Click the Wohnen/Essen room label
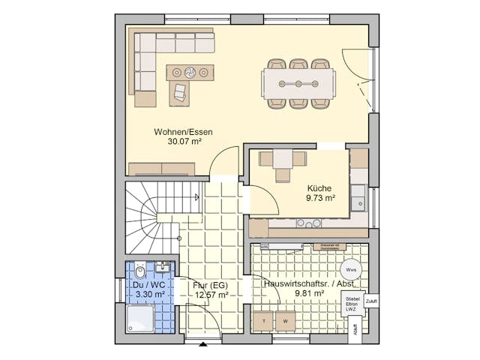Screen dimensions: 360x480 click(x=183, y=131)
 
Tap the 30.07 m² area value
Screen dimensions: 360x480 click(x=183, y=141)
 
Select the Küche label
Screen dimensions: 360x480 click(x=319, y=189)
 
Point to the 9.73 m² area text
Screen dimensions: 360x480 click(x=320, y=199)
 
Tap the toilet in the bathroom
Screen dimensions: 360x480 click(x=139, y=269)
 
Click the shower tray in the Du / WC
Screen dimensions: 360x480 click(x=140, y=318)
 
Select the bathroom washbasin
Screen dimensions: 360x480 click(x=163, y=266)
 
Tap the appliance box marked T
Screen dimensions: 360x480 click(x=263, y=321)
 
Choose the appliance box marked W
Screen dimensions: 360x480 click(x=285, y=321)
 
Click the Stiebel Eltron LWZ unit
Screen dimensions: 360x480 click(x=352, y=304)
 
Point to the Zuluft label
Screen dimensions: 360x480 click(x=372, y=301)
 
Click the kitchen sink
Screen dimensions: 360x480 click(x=359, y=199)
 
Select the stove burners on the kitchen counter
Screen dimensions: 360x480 click(x=308, y=223)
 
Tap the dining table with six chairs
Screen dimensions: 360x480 click(x=298, y=83)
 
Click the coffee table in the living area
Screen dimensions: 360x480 click(x=190, y=73)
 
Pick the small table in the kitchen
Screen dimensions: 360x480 click(x=282, y=159)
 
